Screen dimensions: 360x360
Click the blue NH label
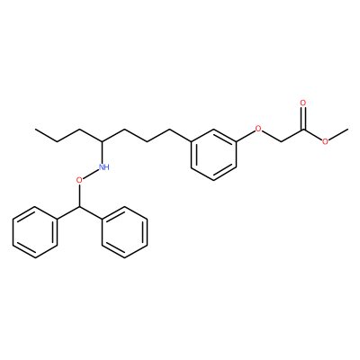103,167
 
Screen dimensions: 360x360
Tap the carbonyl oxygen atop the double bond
303,103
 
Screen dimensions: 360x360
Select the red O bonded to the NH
79,180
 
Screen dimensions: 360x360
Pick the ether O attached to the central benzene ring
258,130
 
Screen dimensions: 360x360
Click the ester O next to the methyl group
326,141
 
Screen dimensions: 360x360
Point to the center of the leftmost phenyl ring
35,232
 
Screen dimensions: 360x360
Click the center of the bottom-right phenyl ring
124,232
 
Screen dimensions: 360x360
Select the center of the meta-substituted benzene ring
213,155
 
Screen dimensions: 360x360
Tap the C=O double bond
303,118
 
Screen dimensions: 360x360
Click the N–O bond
91,174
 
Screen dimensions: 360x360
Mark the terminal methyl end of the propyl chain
35,130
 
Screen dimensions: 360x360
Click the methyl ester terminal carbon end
348,130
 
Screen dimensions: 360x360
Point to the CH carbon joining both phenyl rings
80,206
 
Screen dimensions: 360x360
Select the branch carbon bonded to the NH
103,141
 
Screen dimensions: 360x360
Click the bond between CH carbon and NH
103,152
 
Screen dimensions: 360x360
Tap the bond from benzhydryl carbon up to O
79,195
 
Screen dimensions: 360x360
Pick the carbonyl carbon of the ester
303,130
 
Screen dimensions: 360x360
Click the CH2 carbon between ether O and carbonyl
281,141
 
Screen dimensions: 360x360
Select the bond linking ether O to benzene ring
245,136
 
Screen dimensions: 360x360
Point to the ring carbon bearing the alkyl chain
192,141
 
